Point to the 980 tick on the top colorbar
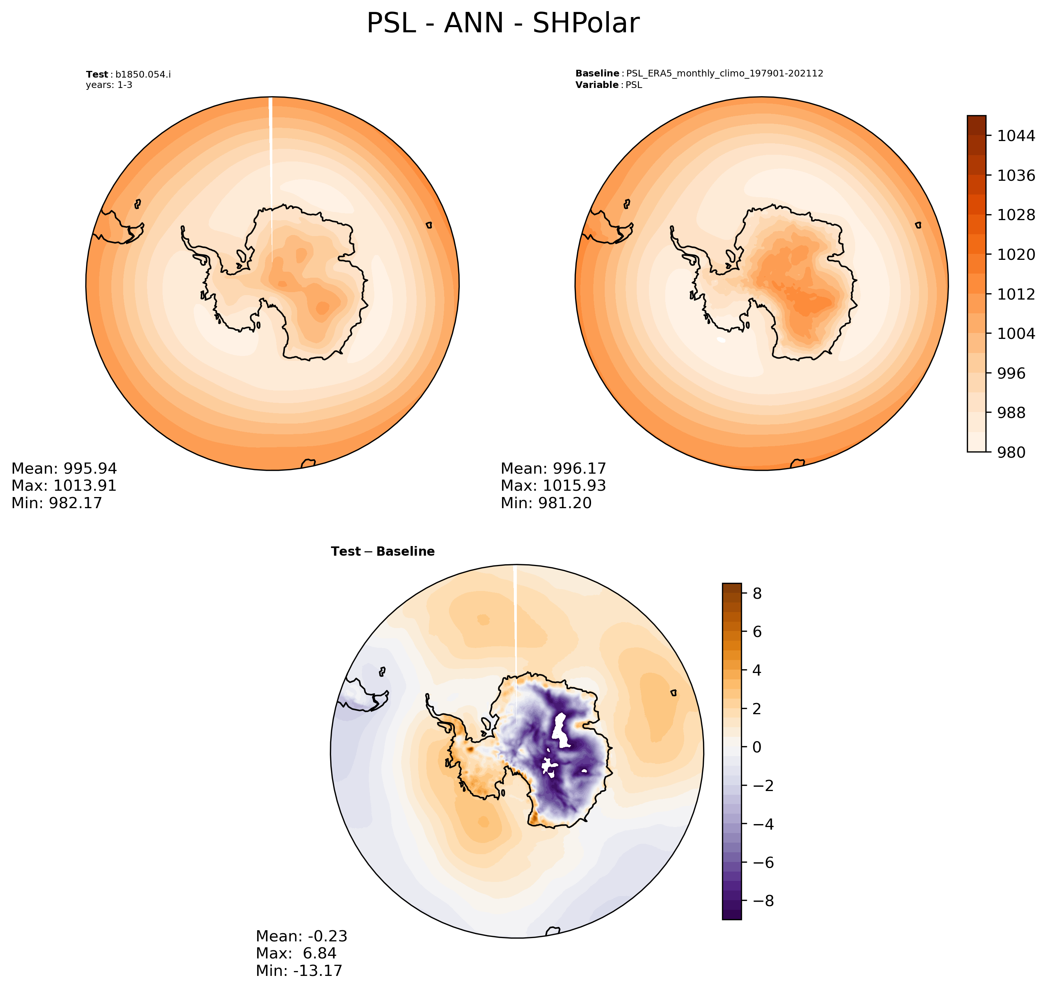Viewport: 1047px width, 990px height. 1011,452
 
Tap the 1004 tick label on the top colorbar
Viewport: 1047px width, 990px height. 1015,333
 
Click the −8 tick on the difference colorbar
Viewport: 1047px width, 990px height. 759,901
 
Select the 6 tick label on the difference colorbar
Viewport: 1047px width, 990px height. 757,632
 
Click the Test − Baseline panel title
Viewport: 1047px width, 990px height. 383,552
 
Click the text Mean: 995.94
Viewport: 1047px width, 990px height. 64,468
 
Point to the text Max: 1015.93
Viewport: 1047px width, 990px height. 553,486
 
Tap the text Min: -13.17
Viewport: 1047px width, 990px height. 299,970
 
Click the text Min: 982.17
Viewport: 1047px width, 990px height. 56,503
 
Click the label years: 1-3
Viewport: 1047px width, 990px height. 109,85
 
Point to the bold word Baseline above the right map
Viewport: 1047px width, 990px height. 597,73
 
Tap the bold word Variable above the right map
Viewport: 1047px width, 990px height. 597,85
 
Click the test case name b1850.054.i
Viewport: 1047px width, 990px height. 143,74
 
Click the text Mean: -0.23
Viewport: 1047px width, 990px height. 301,936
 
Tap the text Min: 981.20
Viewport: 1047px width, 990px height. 546,503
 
